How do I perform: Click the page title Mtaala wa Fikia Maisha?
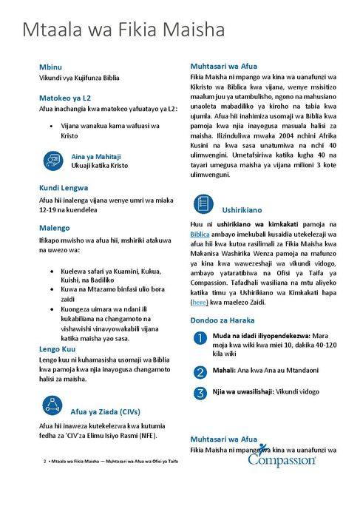[123, 31]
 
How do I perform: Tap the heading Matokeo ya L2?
[65, 98]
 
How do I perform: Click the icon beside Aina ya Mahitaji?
[52, 160]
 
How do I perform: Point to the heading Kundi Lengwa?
[63, 188]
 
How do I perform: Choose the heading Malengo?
[54, 228]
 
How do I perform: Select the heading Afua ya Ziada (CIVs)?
[104, 411]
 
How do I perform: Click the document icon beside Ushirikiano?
[204, 203]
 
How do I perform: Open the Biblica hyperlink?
[202, 233]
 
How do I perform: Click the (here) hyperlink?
[200, 302]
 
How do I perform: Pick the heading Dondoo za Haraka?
[223, 320]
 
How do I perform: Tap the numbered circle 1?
[200, 338]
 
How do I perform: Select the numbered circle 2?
[200, 371]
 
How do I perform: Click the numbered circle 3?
[200, 392]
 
